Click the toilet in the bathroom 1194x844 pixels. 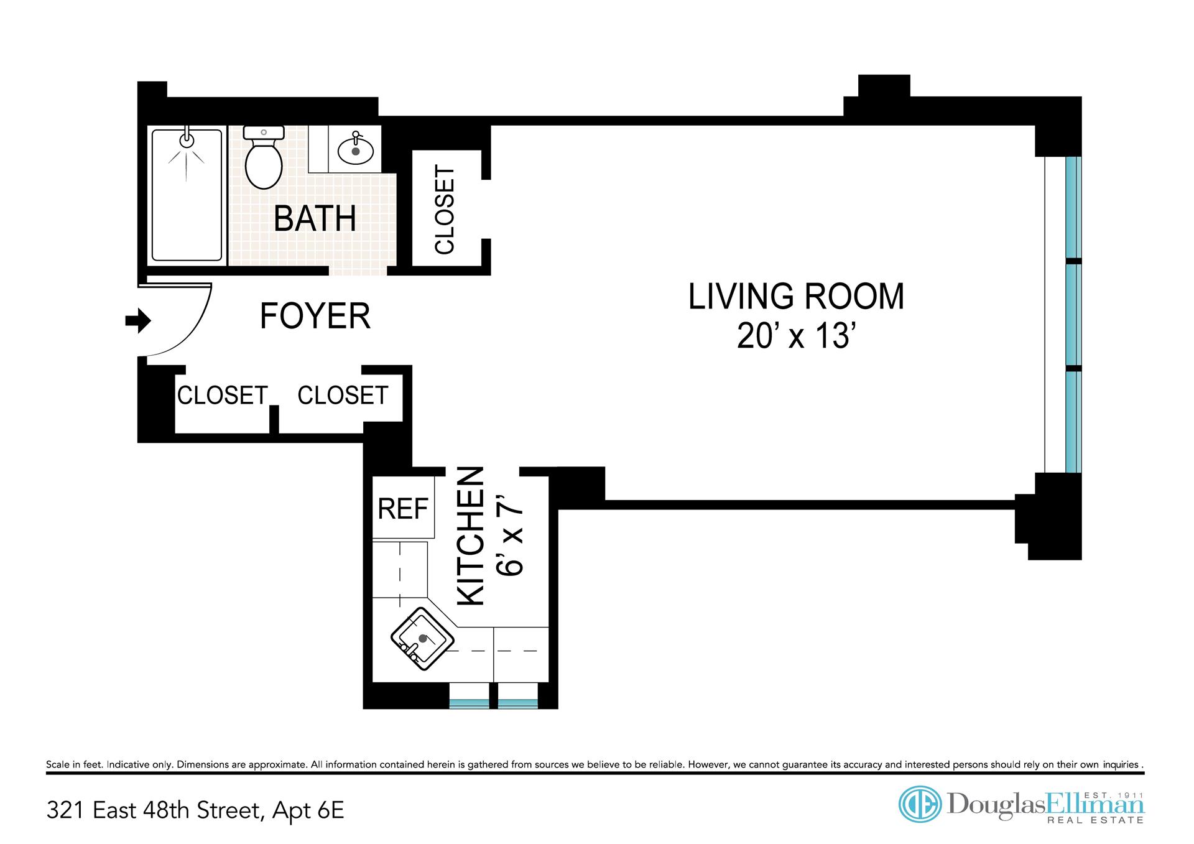264,157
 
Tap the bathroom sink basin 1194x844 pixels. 356,150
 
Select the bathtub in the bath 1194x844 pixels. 187,195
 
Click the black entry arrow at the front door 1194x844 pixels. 138,322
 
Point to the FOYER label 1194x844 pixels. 315,316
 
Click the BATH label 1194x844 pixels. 315,218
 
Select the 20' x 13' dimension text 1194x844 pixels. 794,336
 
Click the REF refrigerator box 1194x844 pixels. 404,508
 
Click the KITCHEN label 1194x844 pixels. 471,536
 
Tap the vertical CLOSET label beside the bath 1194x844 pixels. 445,210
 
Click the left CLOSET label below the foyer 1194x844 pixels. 222,395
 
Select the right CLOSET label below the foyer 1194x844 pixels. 343,395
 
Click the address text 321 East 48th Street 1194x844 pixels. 152,811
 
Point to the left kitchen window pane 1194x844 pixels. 469,703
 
